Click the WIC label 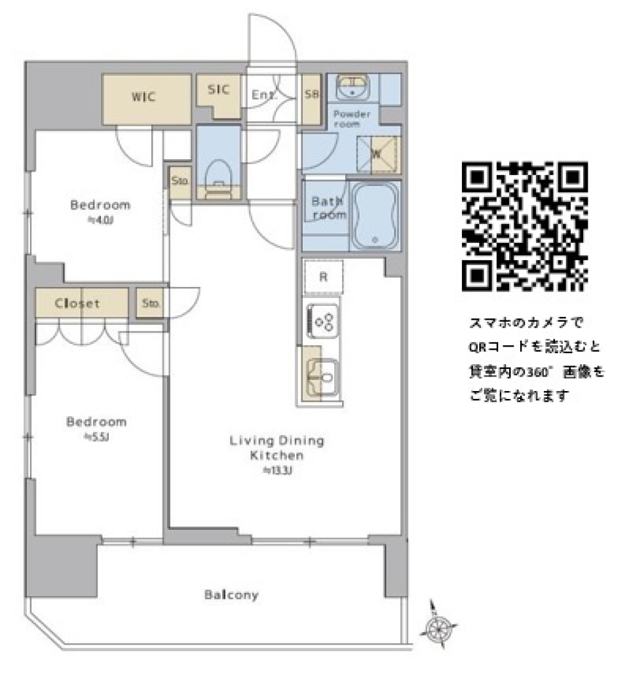point(143,98)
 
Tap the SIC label point(219,90)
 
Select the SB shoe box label point(312,95)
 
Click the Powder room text point(352,119)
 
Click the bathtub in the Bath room point(375,216)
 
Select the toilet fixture point(219,177)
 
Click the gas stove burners point(323,321)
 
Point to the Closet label point(78,303)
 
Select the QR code point(524,227)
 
